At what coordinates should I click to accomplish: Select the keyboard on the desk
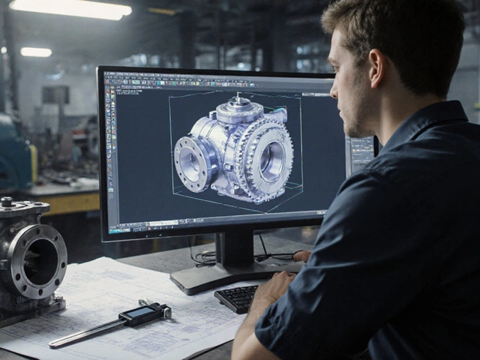(x=238, y=298)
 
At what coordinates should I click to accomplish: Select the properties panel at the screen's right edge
(x=361, y=154)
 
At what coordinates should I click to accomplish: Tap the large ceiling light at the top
(x=71, y=7)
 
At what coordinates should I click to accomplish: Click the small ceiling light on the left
(x=36, y=52)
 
